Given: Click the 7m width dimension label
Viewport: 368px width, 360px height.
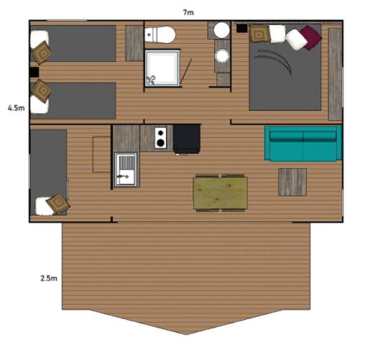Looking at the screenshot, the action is coord(188,12).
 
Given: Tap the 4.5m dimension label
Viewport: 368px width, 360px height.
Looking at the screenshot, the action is coord(17,108).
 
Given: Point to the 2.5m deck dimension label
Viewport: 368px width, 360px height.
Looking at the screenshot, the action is coord(49,278).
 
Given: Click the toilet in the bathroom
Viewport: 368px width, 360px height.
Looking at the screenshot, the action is coord(160,34).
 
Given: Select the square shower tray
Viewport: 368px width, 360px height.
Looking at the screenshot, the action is coord(162,68).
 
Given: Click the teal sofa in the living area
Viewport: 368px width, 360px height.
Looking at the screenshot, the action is coord(303,143).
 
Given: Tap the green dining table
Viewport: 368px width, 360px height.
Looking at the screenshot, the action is coord(220,193).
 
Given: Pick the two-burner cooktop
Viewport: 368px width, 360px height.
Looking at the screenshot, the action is coord(160,138).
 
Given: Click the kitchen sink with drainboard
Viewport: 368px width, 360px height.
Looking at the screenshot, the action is coord(126,169).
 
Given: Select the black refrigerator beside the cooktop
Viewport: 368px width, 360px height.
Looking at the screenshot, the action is coord(187,139).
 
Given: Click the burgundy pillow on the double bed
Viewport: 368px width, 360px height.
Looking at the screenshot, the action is coord(310,37).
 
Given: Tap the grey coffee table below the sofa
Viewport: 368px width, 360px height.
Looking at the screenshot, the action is coord(293,182).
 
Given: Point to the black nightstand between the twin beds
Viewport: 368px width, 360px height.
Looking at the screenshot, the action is coord(34,72).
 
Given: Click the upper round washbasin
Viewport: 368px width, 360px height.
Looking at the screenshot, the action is coord(221,30).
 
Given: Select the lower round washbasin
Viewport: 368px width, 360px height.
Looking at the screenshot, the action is coord(223,56).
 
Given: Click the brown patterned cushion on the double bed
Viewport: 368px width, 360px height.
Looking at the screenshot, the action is coord(259,34).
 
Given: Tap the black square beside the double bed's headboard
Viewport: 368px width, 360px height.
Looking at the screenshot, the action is coord(241,28).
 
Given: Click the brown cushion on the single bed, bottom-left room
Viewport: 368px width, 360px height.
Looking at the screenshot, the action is coord(58,204).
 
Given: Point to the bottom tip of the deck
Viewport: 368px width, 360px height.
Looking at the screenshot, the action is coord(186,334).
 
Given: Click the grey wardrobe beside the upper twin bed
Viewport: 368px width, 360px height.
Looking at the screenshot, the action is coord(134,43).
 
